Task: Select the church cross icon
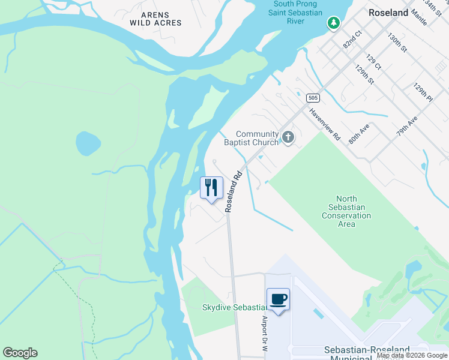pyautogui.click(x=288, y=138)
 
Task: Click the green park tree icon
pyautogui.click(x=333, y=23)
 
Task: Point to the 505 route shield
pyautogui.click(x=312, y=97)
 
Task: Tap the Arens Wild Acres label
pyautogui.click(x=155, y=19)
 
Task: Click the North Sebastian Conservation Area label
pyautogui.click(x=346, y=211)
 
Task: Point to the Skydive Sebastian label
pyautogui.click(x=234, y=307)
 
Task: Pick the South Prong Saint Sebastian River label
pyautogui.click(x=296, y=13)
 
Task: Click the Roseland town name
pyautogui.click(x=388, y=13)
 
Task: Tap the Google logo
pyautogui.click(x=20, y=353)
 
